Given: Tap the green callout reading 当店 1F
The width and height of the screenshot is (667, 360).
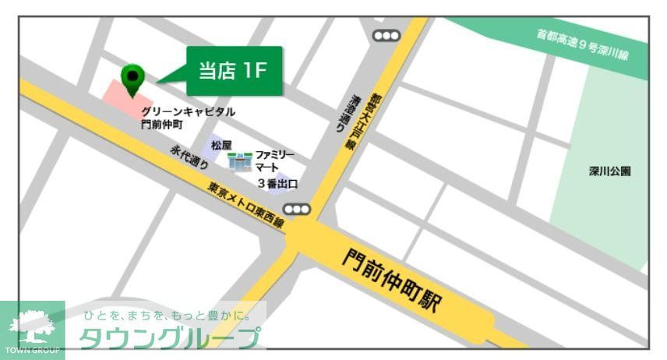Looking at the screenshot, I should (232, 71).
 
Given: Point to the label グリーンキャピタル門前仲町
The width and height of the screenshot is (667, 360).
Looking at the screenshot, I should (187, 118).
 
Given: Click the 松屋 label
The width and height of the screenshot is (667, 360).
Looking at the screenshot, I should (221, 145).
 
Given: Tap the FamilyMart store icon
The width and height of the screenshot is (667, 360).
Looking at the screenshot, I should (239, 162).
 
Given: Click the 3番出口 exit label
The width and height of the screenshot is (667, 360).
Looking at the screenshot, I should (277, 184).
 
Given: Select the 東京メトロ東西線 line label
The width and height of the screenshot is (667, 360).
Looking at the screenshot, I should (245, 205).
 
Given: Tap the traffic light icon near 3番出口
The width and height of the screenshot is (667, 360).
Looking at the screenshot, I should (297, 209).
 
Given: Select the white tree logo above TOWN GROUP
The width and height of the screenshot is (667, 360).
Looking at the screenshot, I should (32, 323).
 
